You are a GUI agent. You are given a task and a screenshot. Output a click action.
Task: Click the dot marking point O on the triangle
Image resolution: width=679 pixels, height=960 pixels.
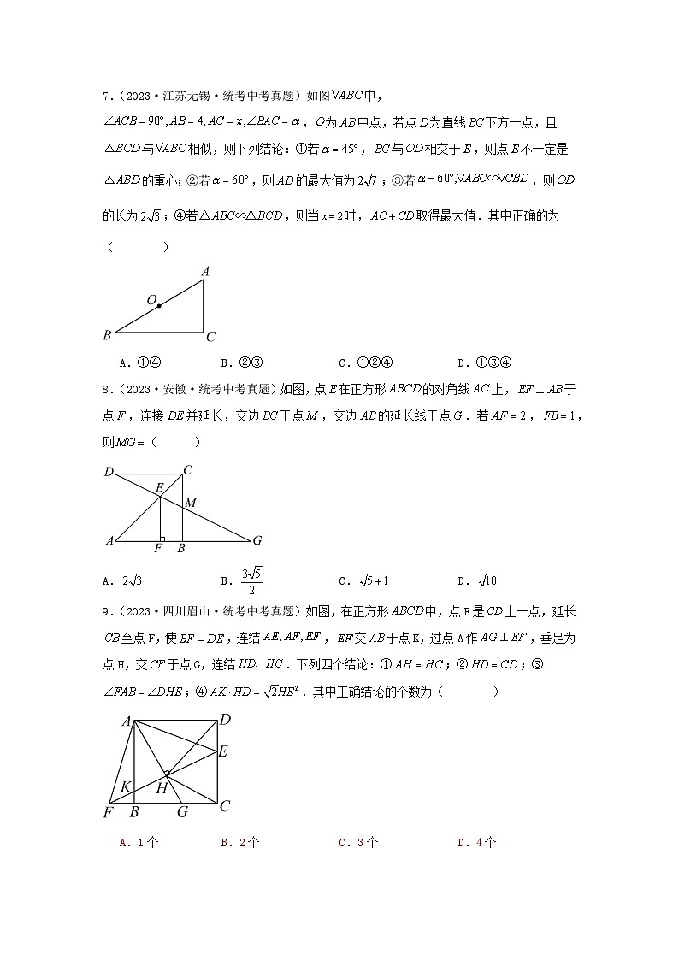point(159,306)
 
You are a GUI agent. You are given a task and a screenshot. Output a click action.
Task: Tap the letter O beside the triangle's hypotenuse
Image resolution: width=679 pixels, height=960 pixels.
point(151,300)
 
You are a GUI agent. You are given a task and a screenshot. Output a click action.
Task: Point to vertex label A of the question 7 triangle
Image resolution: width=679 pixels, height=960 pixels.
point(205,272)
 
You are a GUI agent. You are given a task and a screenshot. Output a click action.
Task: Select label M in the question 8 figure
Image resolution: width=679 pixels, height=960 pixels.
point(191,503)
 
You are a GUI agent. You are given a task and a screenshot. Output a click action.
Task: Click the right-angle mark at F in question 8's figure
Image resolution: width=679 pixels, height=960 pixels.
point(162,539)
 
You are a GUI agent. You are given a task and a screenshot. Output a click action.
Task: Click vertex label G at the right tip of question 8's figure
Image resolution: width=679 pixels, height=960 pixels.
point(257,540)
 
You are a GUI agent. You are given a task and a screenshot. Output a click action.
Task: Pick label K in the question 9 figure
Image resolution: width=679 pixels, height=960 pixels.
point(126,786)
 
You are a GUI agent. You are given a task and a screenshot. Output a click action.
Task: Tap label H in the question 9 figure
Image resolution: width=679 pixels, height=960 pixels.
point(161,788)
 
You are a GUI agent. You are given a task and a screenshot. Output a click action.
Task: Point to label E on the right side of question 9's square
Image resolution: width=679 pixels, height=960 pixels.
point(223,751)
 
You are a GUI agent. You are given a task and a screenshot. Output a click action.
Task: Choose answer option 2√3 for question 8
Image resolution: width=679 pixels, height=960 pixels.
point(135,581)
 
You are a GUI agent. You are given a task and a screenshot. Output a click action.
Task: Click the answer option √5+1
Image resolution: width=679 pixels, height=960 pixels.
point(370,581)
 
